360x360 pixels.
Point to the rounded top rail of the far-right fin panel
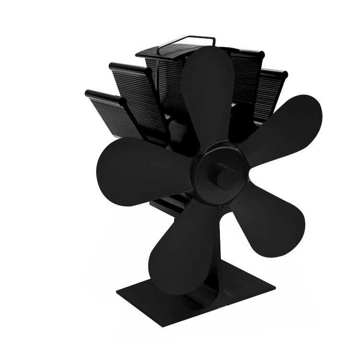(x=276, y=73)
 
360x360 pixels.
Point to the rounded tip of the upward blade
(x=207, y=53)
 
